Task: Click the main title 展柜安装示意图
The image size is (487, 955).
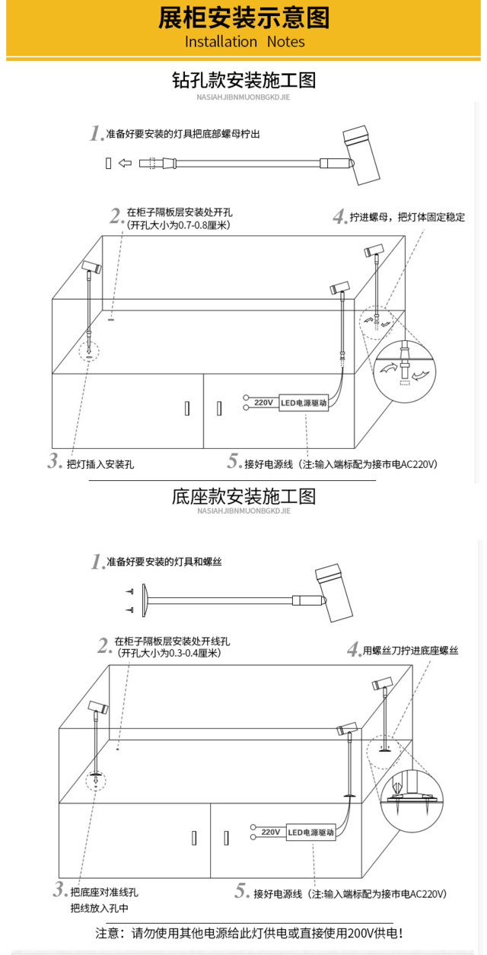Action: tap(243, 18)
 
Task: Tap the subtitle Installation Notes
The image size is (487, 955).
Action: tap(244, 42)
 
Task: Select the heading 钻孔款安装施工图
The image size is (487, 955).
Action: tap(243, 80)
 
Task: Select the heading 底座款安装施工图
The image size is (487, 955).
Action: tap(243, 497)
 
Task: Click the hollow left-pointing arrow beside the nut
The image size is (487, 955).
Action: tap(126, 163)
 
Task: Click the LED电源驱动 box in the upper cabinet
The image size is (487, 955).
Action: tap(304, 403)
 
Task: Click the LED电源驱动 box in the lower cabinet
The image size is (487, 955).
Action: tap(311, 832)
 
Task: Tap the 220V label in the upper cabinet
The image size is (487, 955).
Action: tap(263, 403)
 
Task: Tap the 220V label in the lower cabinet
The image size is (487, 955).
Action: tap(271, 832)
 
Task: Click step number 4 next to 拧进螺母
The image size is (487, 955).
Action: tap(339, 217)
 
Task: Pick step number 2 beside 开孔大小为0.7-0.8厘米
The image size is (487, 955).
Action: tap(116, 216)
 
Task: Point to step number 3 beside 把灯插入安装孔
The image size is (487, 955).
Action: tap(54, 461)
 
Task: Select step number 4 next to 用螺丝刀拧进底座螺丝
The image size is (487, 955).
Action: tap(353, 650)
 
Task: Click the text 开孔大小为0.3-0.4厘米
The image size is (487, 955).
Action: tap(169, 653)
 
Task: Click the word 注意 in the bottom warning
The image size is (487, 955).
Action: tap(106, 934)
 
